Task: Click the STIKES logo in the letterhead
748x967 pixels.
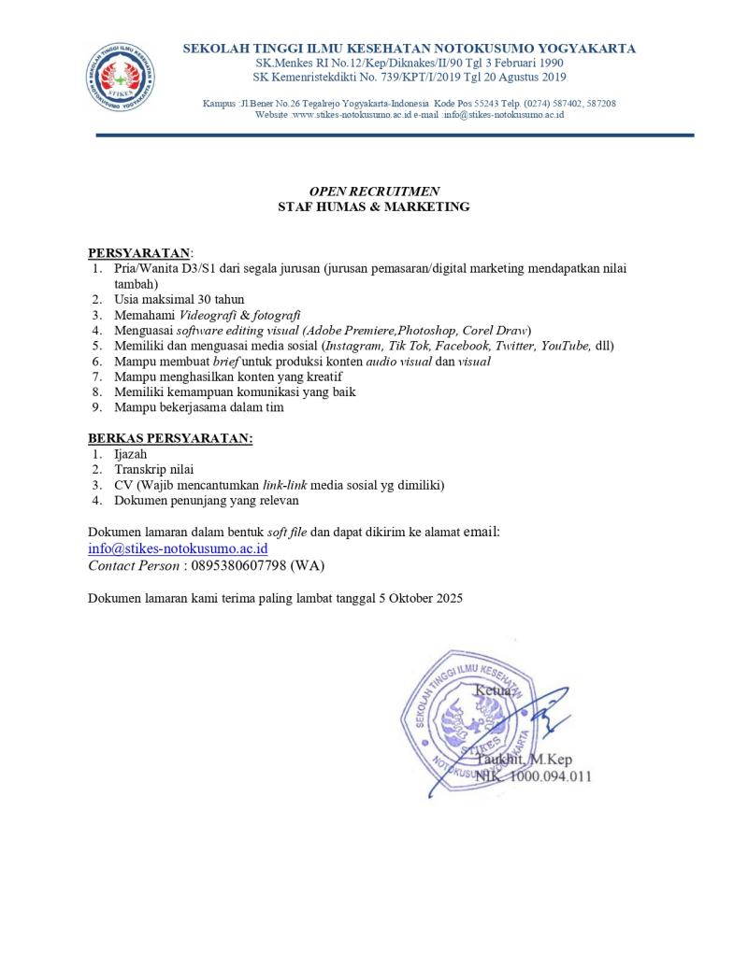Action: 122,75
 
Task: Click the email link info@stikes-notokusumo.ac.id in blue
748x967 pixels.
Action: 178,549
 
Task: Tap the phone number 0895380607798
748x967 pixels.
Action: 238,566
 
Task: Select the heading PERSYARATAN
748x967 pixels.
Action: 138,253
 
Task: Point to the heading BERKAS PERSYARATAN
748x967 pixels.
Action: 170,438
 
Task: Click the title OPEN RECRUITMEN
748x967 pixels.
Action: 374,192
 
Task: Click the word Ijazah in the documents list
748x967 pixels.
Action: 131,454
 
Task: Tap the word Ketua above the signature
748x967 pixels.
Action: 493,690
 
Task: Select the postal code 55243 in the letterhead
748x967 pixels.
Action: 492,103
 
